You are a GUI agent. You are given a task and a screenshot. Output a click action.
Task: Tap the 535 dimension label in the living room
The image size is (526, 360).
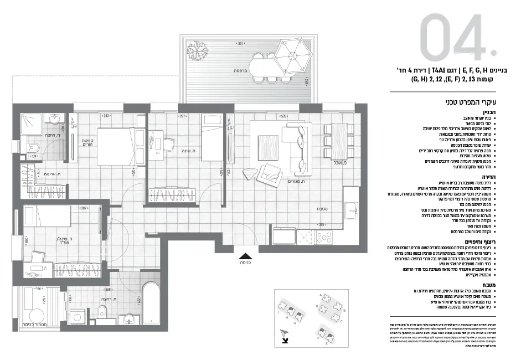tap(284, 117)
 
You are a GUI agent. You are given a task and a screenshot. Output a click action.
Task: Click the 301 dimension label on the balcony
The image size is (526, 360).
tap(240, 43)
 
